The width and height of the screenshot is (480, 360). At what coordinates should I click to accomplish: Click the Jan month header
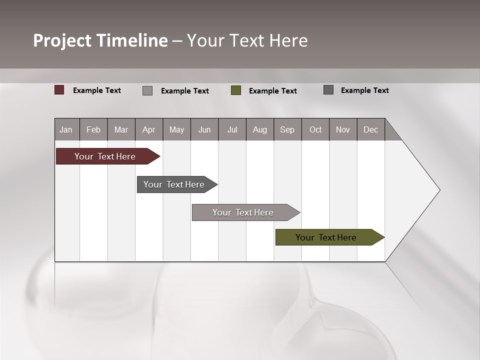[66, 129]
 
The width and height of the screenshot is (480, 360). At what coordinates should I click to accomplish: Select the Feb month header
[93, 129]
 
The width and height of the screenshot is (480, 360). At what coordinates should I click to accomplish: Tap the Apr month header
[148, 129]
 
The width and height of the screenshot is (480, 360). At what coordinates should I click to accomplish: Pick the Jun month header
[204, 129]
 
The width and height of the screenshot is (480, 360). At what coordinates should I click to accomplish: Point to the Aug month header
[259, 129]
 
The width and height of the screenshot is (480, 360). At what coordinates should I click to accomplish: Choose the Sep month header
[287, 129]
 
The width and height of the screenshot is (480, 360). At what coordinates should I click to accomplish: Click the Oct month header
[315, 129]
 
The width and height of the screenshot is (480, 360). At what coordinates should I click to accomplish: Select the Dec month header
[370, 129]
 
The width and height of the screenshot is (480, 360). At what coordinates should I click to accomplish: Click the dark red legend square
[59, 90]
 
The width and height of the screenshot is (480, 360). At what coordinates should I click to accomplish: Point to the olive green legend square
[236, 90]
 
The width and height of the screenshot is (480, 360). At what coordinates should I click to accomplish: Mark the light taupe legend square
[147, 90]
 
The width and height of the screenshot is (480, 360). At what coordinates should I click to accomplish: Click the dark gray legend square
[328, 90]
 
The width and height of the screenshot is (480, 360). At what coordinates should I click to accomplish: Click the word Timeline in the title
[132, 40]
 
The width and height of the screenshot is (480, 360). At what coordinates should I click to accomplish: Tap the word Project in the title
[62, 40]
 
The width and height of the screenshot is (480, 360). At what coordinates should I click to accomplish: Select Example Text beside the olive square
[272, 91]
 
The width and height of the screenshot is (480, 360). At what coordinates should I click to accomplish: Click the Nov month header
[343, 129]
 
